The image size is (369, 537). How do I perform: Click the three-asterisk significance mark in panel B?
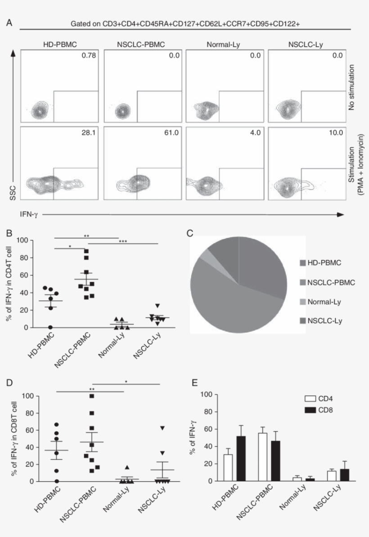coord(122,241)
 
